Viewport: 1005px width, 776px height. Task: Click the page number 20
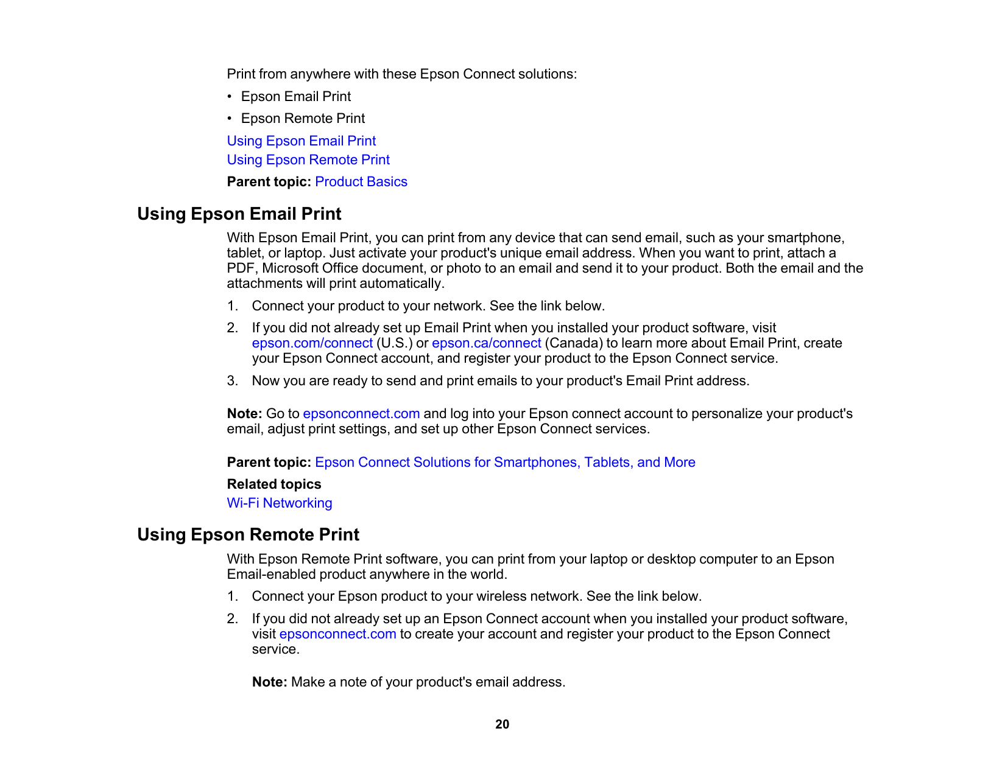(x=502, y=724)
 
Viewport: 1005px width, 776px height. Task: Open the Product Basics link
(x=361, y=182)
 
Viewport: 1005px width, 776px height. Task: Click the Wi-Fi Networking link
(x=280, y=503)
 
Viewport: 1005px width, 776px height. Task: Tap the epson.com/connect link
(x=312, y=343)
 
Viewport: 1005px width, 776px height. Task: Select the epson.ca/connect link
(x=486, y=343)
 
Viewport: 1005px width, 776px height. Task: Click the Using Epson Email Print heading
(x=239, y=214)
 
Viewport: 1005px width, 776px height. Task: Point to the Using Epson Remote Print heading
(x=248, y=535)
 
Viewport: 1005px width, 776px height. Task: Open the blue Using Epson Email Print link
(x=301, y=141)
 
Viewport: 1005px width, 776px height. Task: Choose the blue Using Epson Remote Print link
(x=308, y=160)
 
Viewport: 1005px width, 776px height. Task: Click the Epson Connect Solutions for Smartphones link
(x=505, y=463)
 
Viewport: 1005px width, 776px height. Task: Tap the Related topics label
(x=274, y=484)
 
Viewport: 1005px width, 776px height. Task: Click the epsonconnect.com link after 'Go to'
(x=361, y=414)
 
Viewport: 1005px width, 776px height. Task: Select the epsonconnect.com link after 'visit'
(x=337, y=634)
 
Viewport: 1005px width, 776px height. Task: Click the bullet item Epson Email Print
(x=296, y=97)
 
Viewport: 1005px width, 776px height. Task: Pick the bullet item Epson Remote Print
(x=303, y=119)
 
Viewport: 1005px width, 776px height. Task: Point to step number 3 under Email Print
(x=232, y=381)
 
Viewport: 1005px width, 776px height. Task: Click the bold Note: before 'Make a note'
(x=269, y=682)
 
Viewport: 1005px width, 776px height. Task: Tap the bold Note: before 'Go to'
(x=244, y=414)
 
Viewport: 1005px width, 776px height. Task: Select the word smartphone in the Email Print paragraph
(x=805, y=238)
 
